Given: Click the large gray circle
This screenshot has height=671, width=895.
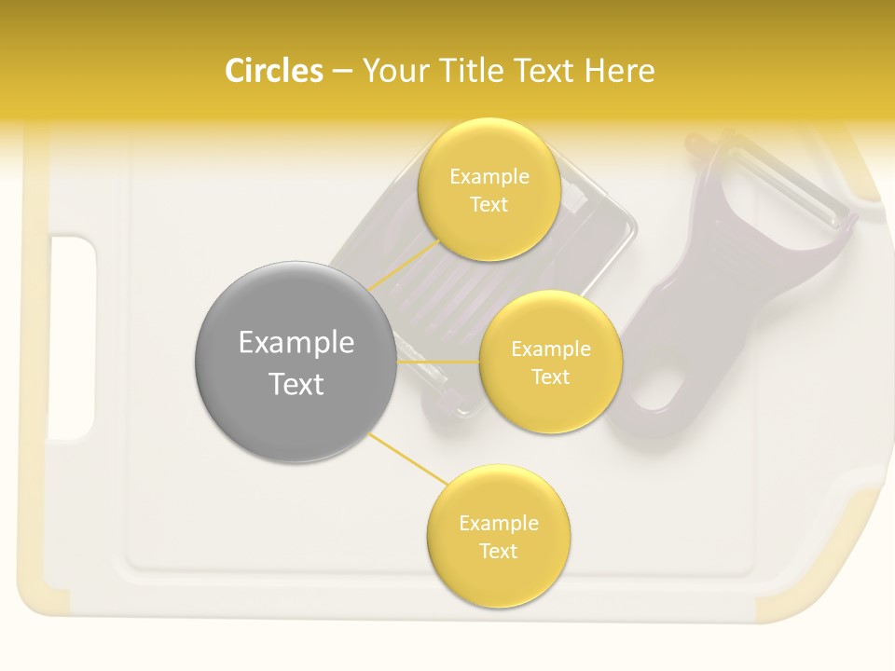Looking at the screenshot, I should pyautogui.click(x=296, y=362).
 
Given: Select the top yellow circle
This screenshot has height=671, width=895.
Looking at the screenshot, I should pyautogui.click(x=489, y=189).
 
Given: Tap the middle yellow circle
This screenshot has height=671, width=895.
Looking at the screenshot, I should pyautogui.click(x=550, y=362).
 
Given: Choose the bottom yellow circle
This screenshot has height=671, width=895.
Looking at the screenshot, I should pyautogui.click(x=498, y=537).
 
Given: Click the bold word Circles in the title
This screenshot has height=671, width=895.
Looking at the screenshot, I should pyautogui.click(x=274, y=71).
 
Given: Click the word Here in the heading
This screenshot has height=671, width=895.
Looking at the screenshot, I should pyautogui.click(x=620, y=71).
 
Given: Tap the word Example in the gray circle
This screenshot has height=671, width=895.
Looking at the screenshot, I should pyautogui.click(x=296, y=343).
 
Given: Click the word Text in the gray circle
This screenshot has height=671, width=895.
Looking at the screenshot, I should pyautogui.click(x=296, y=384).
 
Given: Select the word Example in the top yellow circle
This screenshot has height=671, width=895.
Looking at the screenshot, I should pyautogui.click(x=489, y=176).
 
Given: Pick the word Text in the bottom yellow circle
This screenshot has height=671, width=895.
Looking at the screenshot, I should pyautogui.click(x=498, y=551).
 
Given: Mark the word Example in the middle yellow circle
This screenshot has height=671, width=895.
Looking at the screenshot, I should pyautogui.click(x=550, y=349).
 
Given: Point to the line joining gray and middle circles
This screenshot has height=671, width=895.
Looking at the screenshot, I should pyautogui.click(x=438, y=361).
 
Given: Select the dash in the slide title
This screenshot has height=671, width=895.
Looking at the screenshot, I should pyautogui.click(x=341, y=72).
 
